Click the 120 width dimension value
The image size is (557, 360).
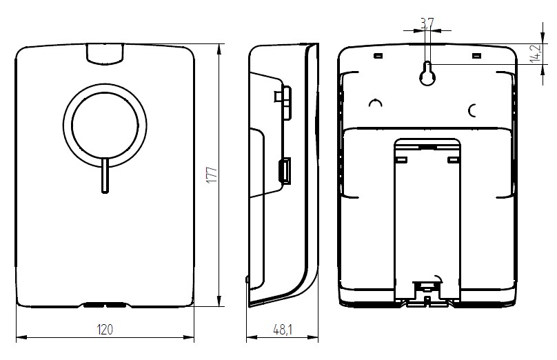(105, 330)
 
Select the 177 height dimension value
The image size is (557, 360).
(212, 174)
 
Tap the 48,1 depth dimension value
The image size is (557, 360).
(283, 330)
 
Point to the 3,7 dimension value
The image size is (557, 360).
(427, 23)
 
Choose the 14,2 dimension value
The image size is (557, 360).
(536, 54)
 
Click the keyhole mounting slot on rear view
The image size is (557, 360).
(427, 73)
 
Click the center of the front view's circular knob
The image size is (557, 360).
(105, 126)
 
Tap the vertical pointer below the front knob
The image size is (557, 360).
(105, 176)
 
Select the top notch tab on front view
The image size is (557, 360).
(105, 54)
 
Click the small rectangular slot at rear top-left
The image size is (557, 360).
(378, 56)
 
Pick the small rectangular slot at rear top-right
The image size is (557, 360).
(476, 56)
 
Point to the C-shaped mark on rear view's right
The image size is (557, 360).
(472, 111)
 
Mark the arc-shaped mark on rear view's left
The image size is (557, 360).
(375, 103)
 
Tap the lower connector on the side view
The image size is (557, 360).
(285, 170)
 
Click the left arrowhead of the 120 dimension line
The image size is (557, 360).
(21, 337)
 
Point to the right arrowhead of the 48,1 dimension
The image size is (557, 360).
(313, 337)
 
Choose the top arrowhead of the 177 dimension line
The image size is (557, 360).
(219, 49)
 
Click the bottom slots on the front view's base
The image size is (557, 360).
(105, 305)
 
